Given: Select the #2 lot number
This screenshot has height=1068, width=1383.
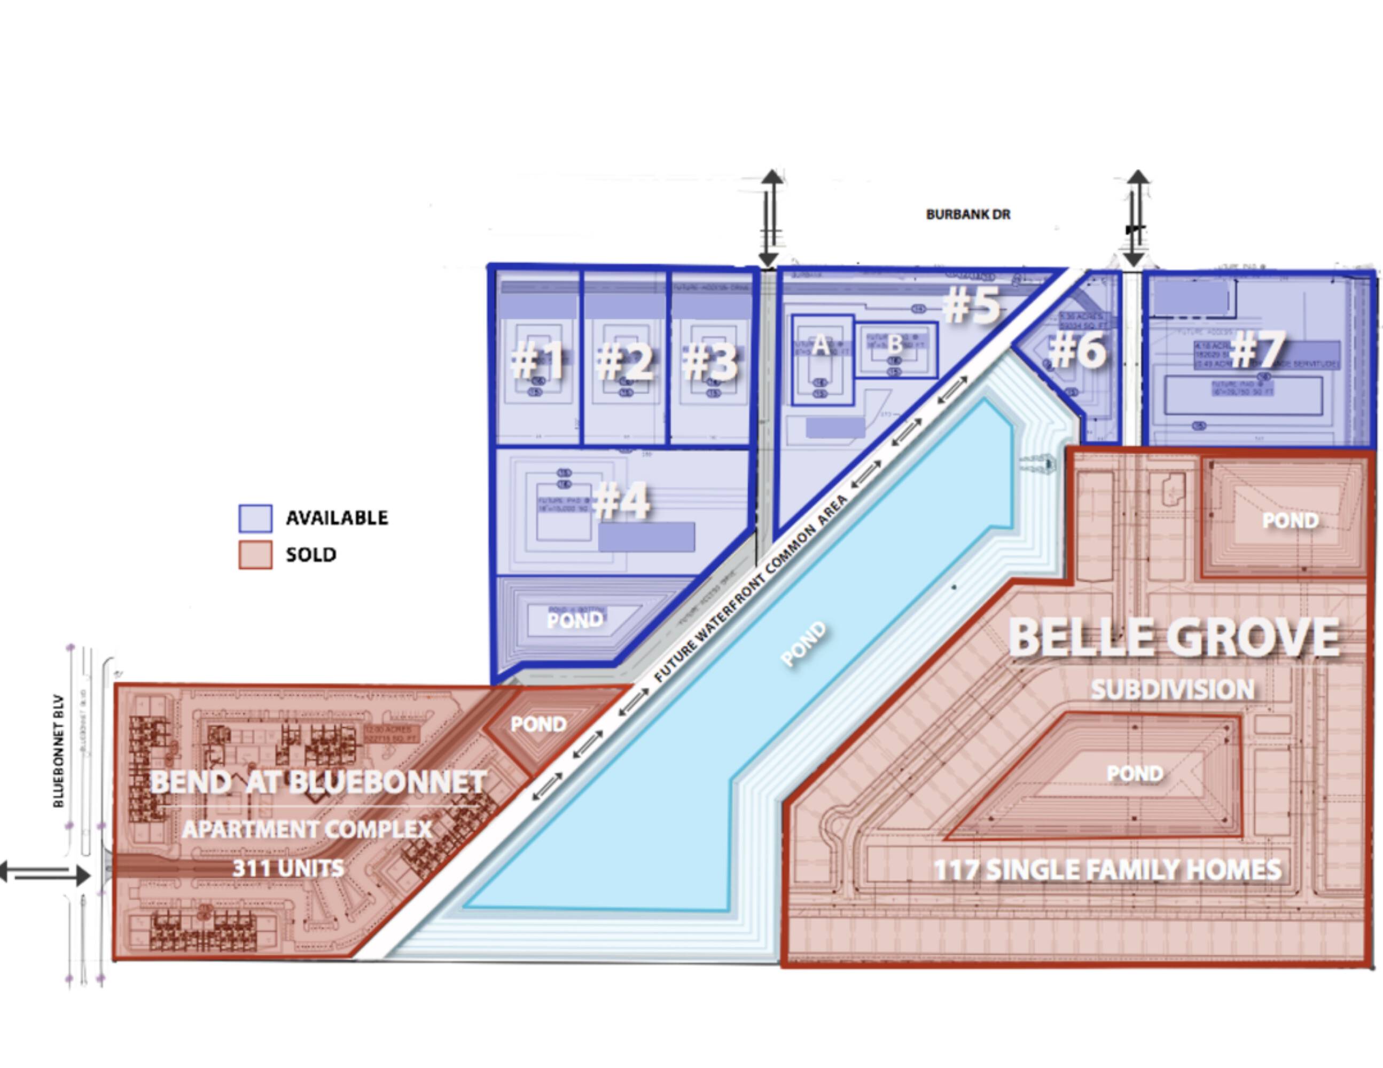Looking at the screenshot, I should pyautogui.click(x=624, y=362).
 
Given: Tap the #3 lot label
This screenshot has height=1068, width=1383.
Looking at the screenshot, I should pyautogui.click(x=710, y=362).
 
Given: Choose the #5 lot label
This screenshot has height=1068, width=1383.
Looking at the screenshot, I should pyautogui.click(x=972, y=304).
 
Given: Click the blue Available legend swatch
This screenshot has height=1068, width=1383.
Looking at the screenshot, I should pyautogui.click(x=255, y=518).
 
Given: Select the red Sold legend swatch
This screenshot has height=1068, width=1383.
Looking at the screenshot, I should pyautogui.click(x=255, y=555).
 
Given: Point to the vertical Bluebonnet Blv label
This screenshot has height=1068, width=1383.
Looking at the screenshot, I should pyautogui.click(x=59, y=751).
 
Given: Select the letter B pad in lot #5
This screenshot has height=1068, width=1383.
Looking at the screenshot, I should pyautogui.click(x=895, y=344).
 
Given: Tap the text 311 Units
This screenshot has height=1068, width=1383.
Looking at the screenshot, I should pyautogui.click(x=288, y=868).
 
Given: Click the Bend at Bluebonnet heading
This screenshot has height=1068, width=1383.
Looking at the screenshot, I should pyautogui.click(x=318, y=782).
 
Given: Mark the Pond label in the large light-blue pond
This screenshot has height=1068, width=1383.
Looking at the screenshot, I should pyautogui.click(x=804, y=645).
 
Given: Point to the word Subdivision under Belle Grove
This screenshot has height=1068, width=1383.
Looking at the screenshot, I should pyautogui.click(x=1173, y=689).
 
